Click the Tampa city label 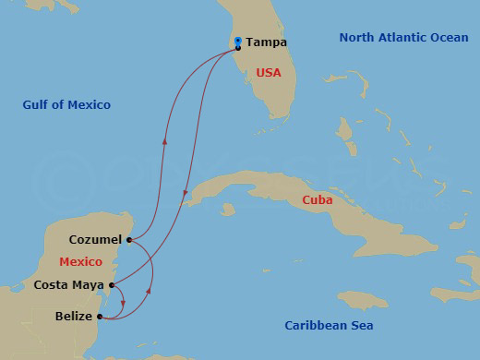pyautogui.click(x=267, y=42)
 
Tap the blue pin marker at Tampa pyautogui.click(x=238, y=42)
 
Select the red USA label pyautogui.click(x=268, y=72)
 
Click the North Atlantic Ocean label pyautogui.click(x=403, y=38)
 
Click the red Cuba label pyautogui.click(x=317, y=199)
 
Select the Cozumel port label pyautogui.click(x=95, y=240)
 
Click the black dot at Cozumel pyautogui.click(x=129, y=240)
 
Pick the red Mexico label pyautogui.click(x=80, y=262)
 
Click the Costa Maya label pyautogui.click(x=66, y=285)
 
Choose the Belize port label pyautogui.click(x=74, y=317)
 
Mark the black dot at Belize pyautogui.click(x=100, y=317)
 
